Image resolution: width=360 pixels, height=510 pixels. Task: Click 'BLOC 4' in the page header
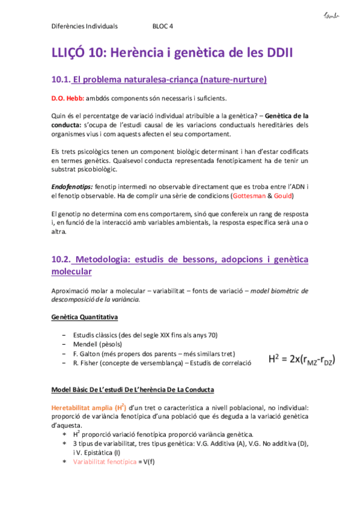coord(162,26)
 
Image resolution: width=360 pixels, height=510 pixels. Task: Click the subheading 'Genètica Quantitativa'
coord(84,316)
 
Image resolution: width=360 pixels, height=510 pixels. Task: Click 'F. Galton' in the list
coord(87,354)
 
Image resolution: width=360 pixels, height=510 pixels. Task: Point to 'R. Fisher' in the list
coord(87,363)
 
